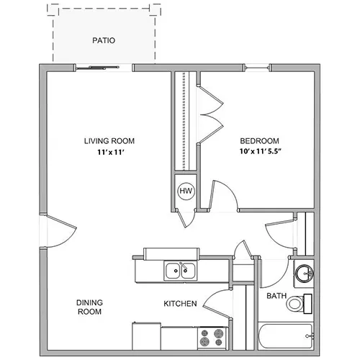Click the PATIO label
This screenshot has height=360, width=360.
point(104,40)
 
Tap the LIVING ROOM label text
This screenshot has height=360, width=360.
point(109,141)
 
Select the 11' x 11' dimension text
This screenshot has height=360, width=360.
point(110,152)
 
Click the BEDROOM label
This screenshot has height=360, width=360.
point(259,141)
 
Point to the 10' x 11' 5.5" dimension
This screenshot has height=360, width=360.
point(260,151)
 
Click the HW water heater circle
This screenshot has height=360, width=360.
point(186,191)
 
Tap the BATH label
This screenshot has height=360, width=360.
point(276,296)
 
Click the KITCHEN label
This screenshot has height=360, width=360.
point(180,304)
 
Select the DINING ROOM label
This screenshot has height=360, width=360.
point(89,307)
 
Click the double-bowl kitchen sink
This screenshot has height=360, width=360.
point(181,271)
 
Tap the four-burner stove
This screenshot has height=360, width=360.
point(212,338)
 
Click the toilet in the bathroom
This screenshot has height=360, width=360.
point(300,304)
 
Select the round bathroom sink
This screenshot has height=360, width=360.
point(305,273)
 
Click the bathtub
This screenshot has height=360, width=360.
point(286,336)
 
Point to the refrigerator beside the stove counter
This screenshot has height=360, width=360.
point(146,336)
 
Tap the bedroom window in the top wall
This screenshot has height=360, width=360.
point(257,68)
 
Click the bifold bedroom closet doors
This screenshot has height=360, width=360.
point(210,114)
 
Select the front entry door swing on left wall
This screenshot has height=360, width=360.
point(61,231)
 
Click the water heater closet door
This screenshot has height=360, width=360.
point(186,218)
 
